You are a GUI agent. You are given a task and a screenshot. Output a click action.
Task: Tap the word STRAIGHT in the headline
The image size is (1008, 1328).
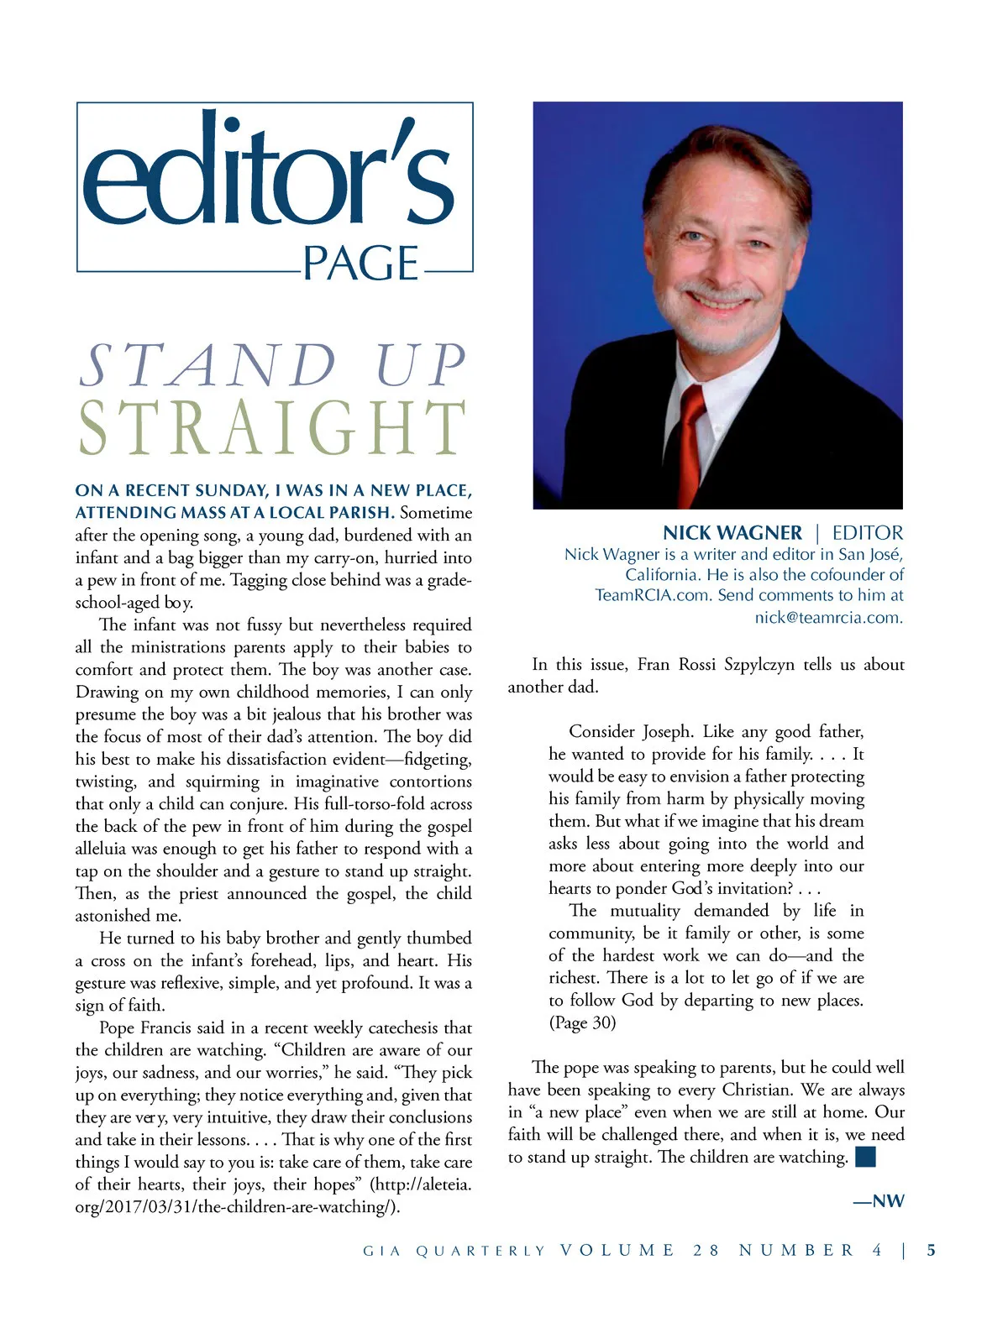pyautogui.click(x=273, y=429)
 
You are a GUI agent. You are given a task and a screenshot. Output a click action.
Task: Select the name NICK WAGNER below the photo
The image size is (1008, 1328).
pyautogui.click(x=732, y=533)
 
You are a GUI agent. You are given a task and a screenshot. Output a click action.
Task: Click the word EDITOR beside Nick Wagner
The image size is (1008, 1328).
pyautogui.click(x=868, y=533)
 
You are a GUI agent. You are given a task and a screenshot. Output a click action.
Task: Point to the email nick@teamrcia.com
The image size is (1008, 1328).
pyautogui.click(x=828, y=618)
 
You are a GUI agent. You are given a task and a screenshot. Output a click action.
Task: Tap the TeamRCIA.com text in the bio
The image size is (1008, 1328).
pyautogui.click(x=653, y=595)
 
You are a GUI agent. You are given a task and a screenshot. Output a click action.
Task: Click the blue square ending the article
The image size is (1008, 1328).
pyautogui.click(x=865, y=1157)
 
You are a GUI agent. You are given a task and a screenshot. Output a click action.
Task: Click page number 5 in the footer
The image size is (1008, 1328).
pyautogui.click(x=931, y=1250)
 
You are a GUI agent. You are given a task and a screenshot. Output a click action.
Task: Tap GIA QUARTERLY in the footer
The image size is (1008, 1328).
pyautogui.click(x=454, y=1251)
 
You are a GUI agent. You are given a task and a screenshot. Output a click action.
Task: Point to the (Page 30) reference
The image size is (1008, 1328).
pyautogui.click(x=582, y=1022)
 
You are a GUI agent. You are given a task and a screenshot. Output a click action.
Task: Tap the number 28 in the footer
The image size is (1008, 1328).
pyautogui.click(x=706, y=1250)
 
